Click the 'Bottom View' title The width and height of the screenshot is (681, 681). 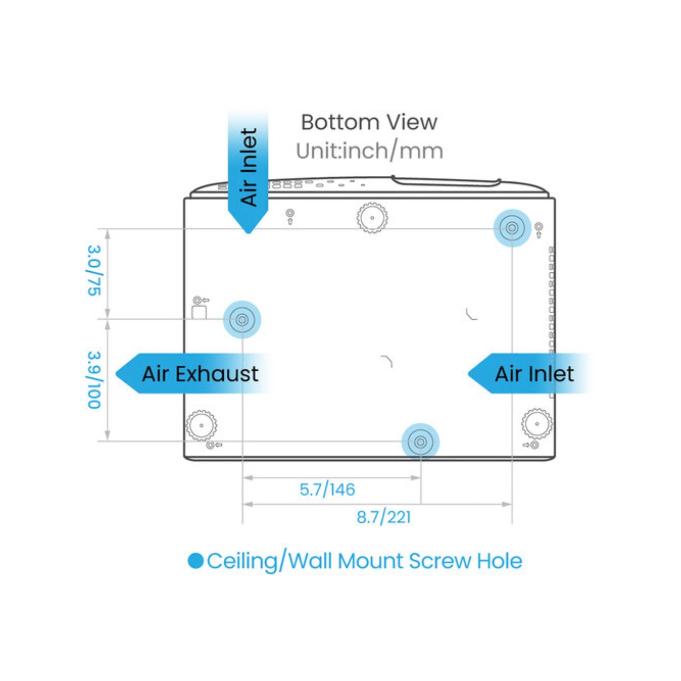[369, 122]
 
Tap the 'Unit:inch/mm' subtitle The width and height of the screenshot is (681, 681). [369, 151]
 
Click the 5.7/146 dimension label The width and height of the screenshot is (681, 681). [327, 490]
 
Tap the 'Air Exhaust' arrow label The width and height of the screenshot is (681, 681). [200, 374]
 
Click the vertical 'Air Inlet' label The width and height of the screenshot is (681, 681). [249, 167]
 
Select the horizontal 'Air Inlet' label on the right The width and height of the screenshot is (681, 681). [534, 374]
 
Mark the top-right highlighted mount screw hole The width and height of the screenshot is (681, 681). [512, 228]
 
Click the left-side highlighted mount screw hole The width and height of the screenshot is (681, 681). [242, 320]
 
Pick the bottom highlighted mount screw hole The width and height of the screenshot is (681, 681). [420, 442]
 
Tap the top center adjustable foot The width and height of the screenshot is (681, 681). [372, 218]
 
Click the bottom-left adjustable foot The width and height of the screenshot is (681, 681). [201, 425]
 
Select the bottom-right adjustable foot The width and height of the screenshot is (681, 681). [537, 423]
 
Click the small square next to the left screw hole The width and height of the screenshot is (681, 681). [199, 312]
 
